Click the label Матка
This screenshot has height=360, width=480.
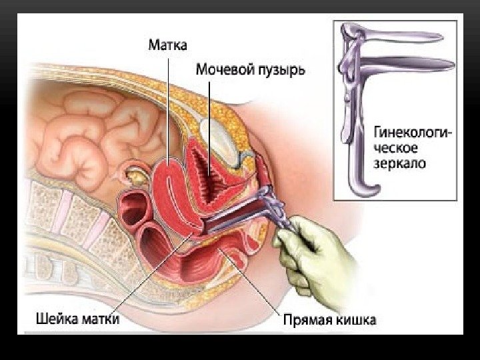pos(167,45)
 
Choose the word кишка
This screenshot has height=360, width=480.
pos(355,320)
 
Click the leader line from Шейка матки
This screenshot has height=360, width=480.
pos(153,273)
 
